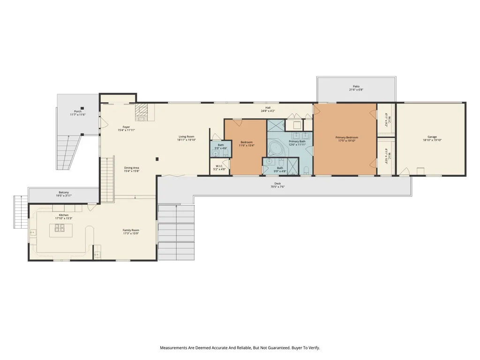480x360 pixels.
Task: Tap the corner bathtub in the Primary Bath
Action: point(276,149)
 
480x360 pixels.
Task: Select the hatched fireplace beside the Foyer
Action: point(141,112)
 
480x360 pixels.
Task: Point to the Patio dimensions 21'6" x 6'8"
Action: point(356,90)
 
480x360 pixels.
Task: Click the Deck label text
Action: point(277,183)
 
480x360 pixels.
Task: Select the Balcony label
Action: point(64,193)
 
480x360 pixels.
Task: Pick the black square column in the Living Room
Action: point(157,159)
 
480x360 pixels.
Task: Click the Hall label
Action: point(268,107)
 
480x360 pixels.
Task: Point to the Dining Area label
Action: point(131,168)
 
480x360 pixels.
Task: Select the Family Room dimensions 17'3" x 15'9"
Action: point(131,233)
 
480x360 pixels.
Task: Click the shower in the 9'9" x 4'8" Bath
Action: point(293,166)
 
